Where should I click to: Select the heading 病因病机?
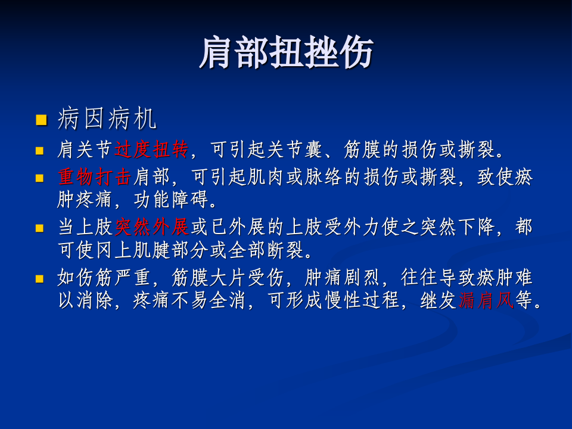107,120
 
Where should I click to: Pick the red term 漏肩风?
486,301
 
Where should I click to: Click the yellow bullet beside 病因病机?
41,120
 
